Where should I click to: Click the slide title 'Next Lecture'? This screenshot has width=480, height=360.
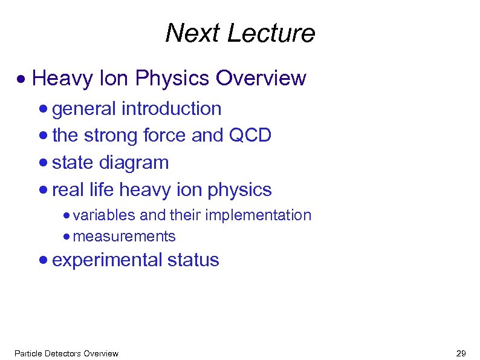point(240,33)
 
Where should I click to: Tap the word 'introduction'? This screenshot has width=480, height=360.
point(172,109)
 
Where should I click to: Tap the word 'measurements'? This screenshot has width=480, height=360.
point(124,236)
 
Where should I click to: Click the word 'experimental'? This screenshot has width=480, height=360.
point(108,261)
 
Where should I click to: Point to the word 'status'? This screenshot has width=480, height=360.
point(193,261)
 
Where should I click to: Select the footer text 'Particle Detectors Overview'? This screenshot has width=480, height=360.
point(66,353)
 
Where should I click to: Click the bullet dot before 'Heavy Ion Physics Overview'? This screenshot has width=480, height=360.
point(21,79)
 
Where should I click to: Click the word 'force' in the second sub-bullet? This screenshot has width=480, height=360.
point(165,136)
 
